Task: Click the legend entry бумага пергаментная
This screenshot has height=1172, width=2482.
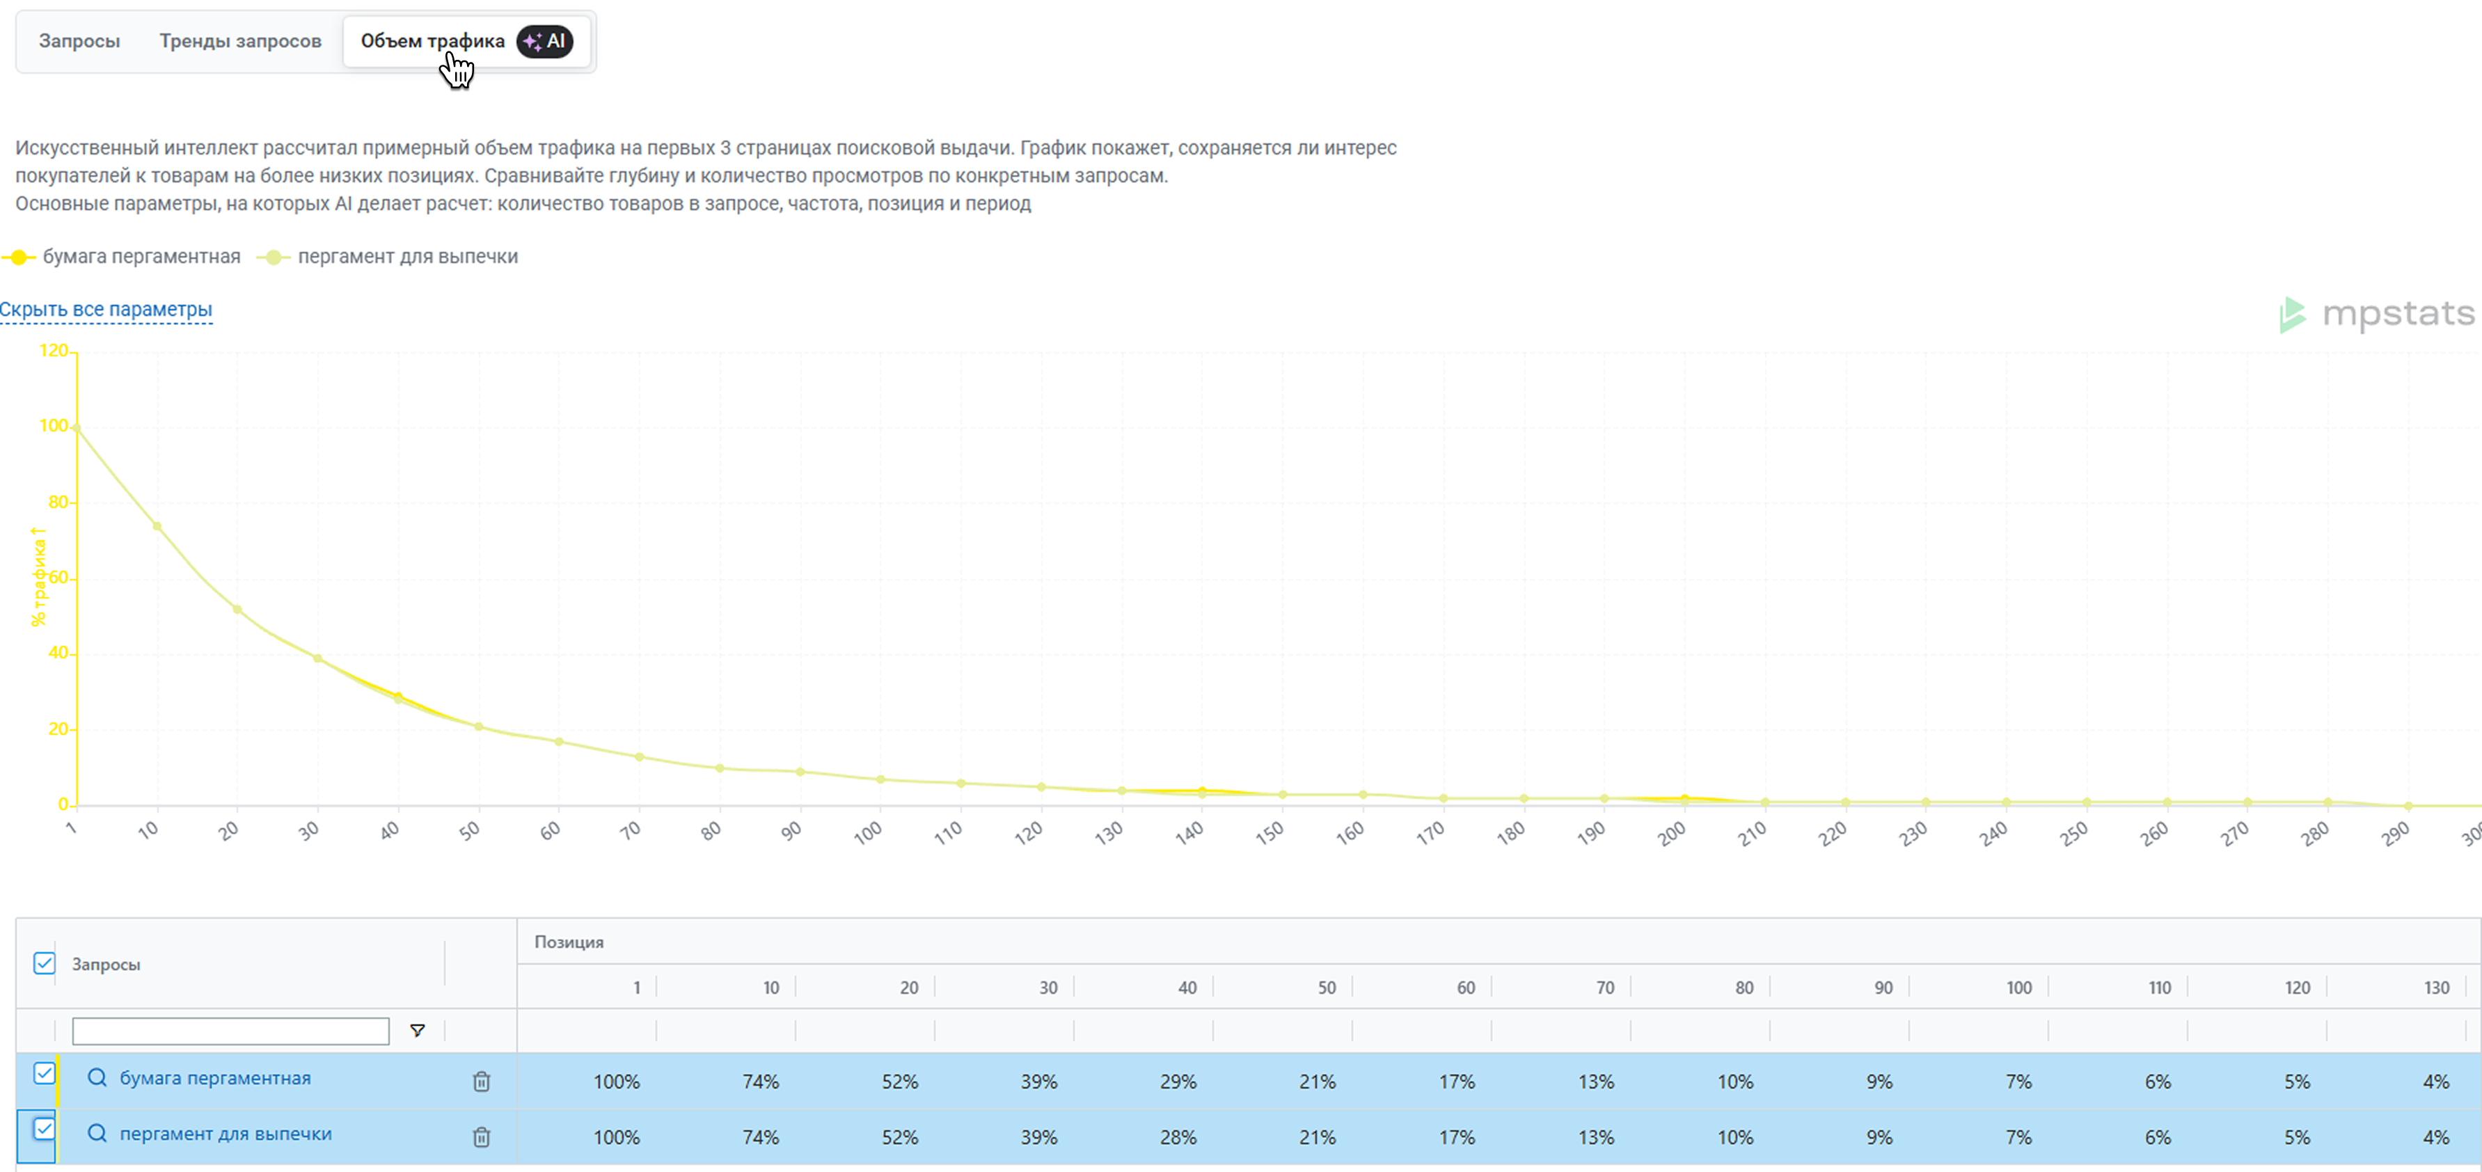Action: (x=141, y=256)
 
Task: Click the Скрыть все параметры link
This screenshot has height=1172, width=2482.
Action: (x=106, y=310)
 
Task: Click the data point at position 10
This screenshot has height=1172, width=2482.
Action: (x=157, y=526)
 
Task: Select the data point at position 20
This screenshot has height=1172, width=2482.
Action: (x=237, y=609)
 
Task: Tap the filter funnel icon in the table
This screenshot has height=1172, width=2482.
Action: (x=417, y=1030)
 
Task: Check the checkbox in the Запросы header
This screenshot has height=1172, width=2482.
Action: (x=45, y=963)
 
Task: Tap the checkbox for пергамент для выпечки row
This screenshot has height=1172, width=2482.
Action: (x=45, y=1129)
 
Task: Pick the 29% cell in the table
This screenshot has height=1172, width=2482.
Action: (x=1178, y=1082)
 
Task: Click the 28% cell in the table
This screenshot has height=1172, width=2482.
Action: (x=1178, y=1137)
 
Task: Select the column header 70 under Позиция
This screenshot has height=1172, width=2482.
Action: (x=1604, y=987)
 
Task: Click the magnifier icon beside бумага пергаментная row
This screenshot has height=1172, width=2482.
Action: (x=96, y=1077)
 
